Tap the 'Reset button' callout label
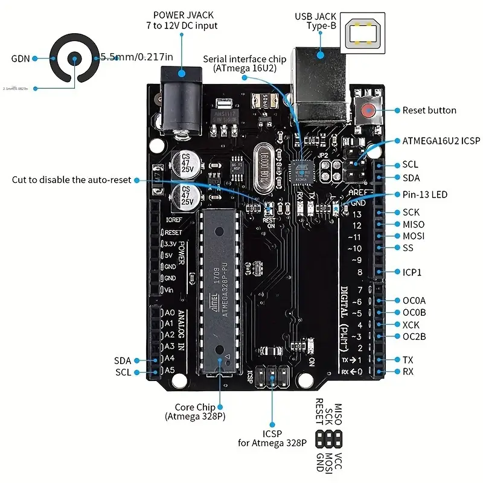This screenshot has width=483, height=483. point(429,110)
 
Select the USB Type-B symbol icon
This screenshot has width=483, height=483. point(363,34)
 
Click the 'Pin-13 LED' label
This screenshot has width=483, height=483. point(425,194)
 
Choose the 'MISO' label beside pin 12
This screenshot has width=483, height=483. point(414,224)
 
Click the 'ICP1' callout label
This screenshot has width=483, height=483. point(412,272)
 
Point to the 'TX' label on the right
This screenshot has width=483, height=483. point(409,360)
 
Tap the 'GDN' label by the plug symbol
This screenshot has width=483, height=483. point(21,59)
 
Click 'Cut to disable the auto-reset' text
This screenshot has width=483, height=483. point(71,180)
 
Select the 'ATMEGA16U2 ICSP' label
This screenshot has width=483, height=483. point(441,141)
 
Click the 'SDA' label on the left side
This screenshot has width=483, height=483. point(123,360)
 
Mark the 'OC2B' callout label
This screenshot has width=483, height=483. point(414,336)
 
